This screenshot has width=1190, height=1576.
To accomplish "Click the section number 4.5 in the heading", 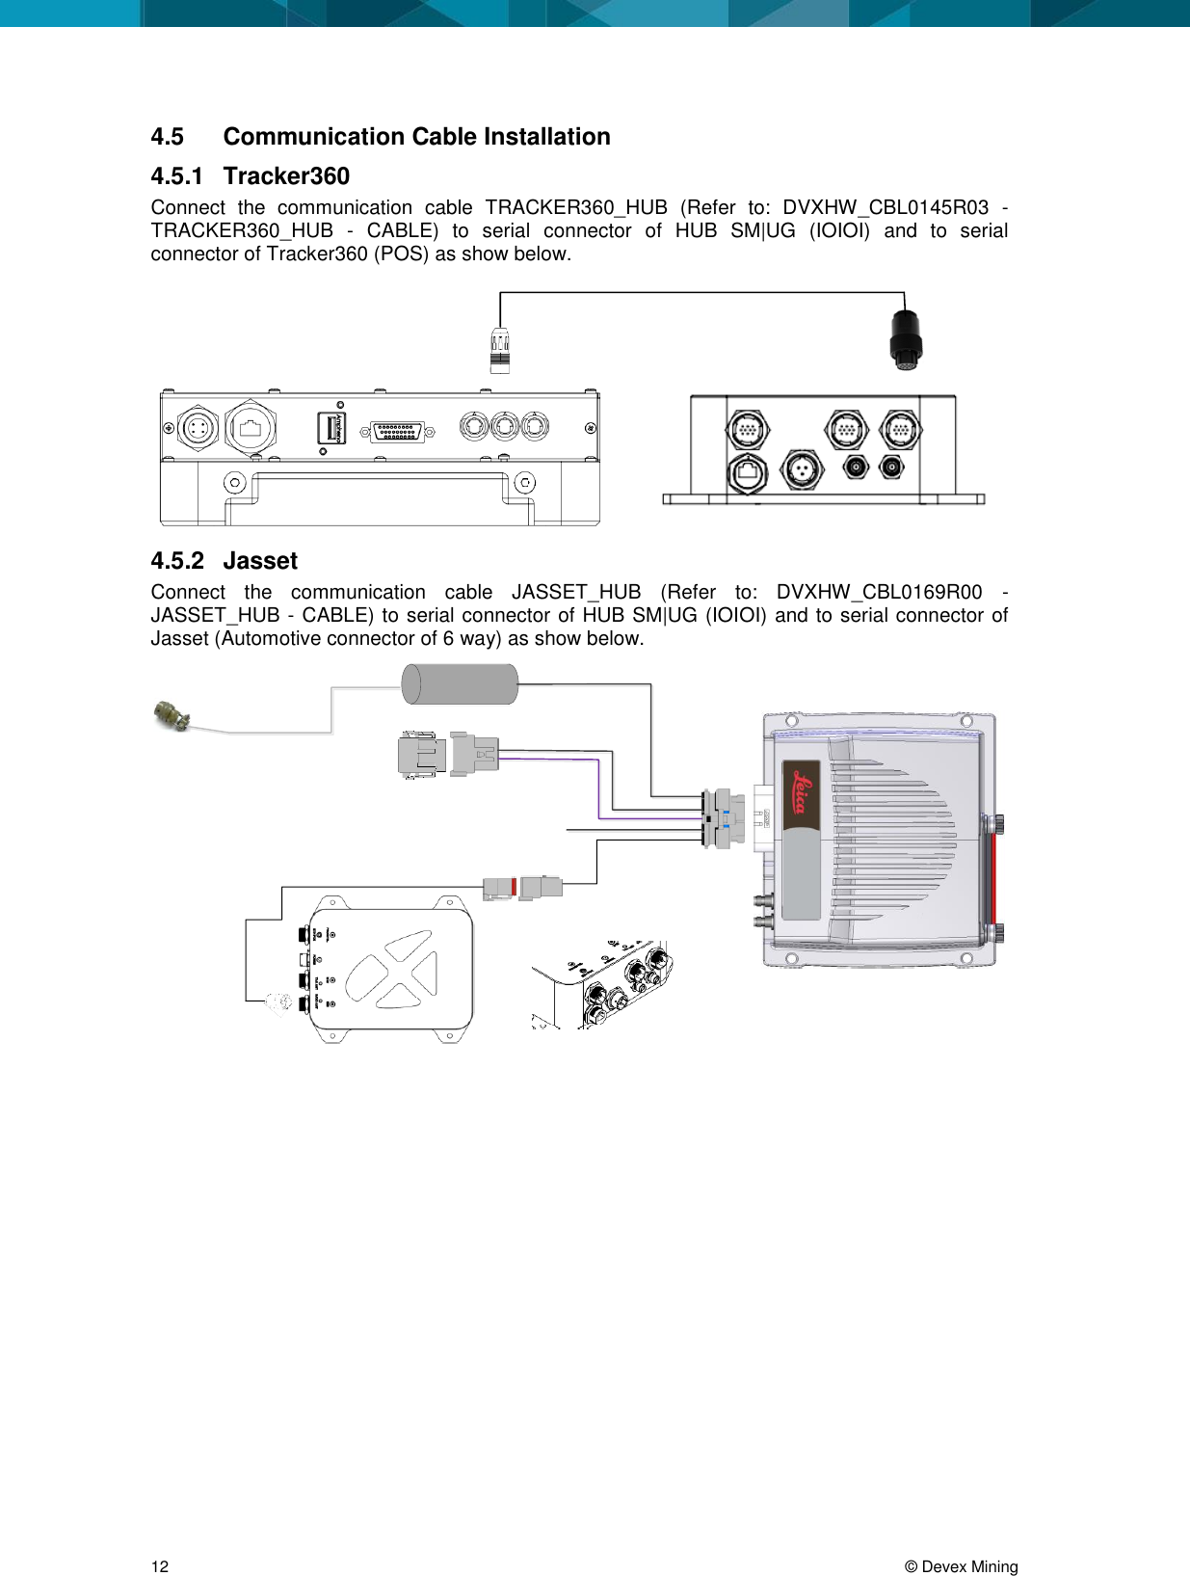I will click(x=167, y=137).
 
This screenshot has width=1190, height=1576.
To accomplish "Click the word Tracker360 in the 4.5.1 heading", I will click(x=285, y=176).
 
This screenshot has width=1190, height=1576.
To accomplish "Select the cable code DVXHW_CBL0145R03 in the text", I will click(x=885, y=207).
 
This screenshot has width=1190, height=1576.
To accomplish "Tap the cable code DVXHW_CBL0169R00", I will click(x=879, y=592).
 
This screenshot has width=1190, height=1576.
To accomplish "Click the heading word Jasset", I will click(x=260, y=561).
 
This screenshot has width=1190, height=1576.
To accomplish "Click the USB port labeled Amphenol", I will click(x=331, y=428).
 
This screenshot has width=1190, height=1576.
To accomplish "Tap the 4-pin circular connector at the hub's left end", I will click(x=198, y=429).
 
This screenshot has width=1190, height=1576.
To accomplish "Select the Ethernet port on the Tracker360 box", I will click(x=748, y=470).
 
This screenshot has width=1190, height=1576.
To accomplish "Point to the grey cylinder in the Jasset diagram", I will click(x=460, y=684).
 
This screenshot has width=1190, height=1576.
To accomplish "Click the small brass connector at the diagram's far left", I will click(x=172, y=716).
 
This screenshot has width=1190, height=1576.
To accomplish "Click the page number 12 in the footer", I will click(x=159, y=1566).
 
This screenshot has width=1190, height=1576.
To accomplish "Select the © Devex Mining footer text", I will click(x=961, y=1566).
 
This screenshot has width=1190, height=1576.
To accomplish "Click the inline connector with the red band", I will click(x=522, y=887).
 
